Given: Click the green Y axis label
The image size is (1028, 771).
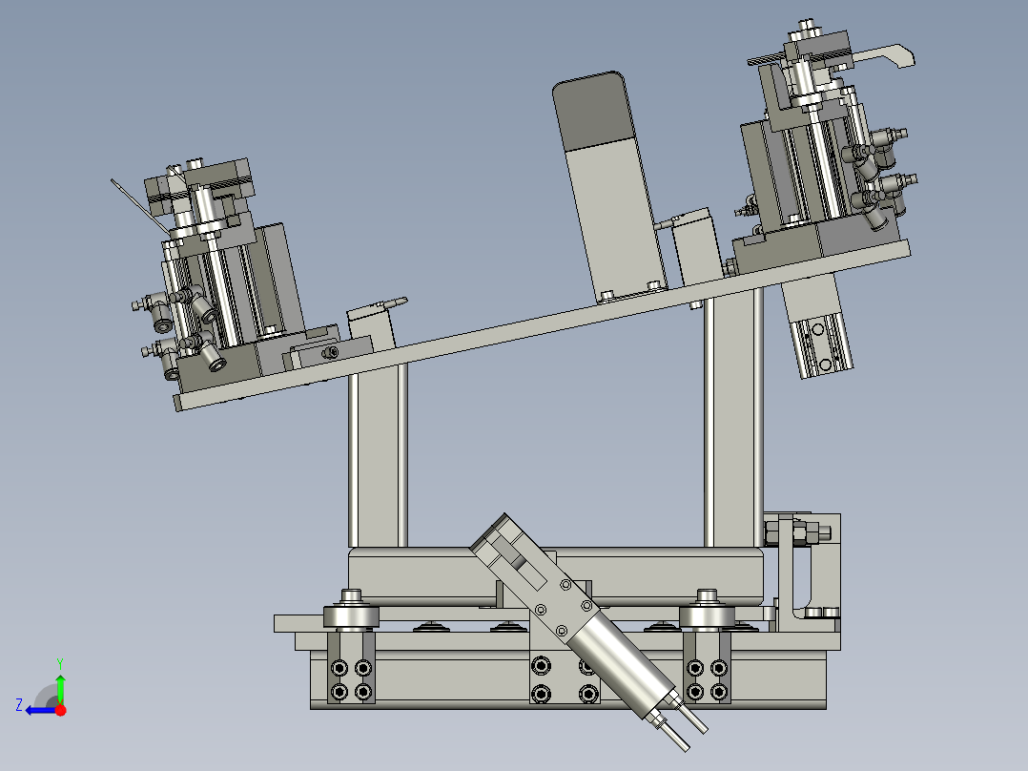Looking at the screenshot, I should point(60,661).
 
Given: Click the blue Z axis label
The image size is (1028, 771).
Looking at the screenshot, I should point(19,704).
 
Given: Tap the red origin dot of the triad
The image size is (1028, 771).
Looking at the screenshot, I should point(60,709).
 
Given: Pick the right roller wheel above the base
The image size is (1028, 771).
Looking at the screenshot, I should point(707,615).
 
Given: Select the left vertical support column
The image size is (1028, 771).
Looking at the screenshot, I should point(378,458).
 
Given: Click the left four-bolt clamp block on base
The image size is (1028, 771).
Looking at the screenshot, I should point(351,678).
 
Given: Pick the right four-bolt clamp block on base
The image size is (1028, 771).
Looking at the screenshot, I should point(708,678).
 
